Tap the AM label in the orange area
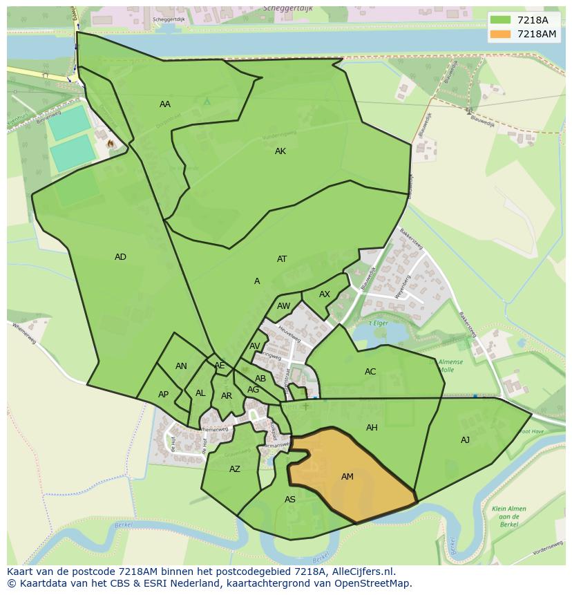point(347,477)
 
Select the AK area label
point(280,151)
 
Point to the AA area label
point(165,104)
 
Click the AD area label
point(120,257)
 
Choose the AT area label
point(282,259)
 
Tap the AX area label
point(325,294)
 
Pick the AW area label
point(283,306)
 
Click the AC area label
point(370,372)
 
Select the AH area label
point(372,428)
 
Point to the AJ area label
point(465,440)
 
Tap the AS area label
point(290,500)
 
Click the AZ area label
point(235,469)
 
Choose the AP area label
point(163,395)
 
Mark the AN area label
point(181,366)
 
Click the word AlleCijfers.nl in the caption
point(363,572)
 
